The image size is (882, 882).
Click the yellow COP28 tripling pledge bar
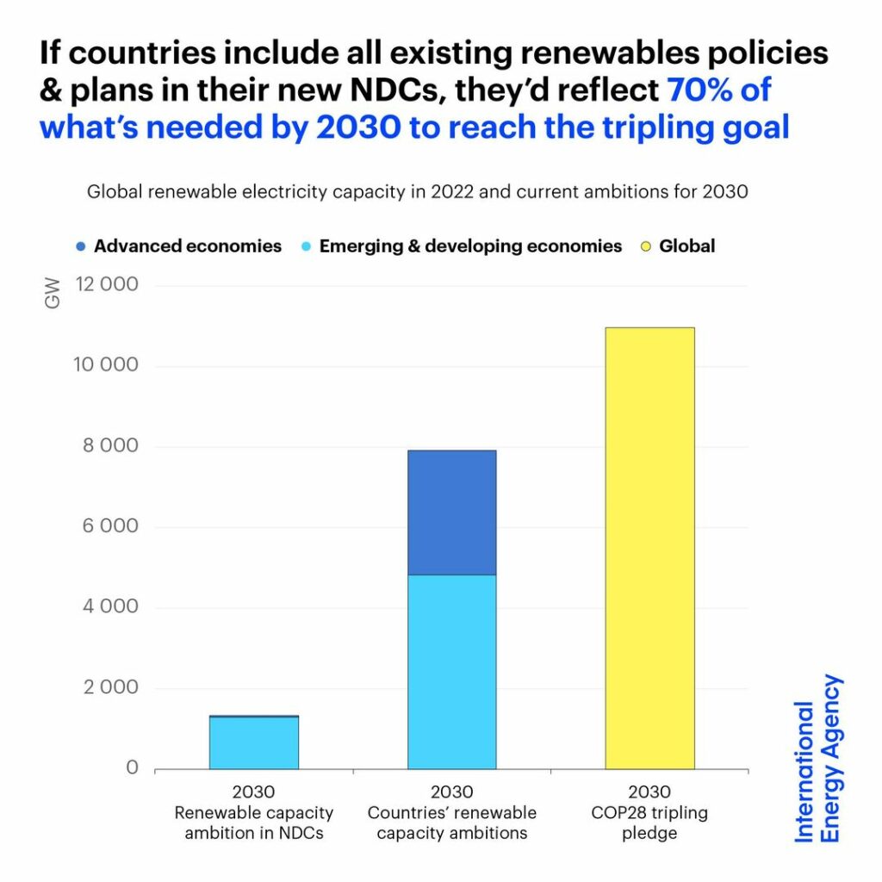(649, 548)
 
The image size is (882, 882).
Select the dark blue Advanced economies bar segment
(451, 512)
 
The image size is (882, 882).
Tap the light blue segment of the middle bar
(451, 671)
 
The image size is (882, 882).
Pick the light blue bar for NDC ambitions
(254, 743)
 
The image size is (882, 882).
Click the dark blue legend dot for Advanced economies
(80, 246)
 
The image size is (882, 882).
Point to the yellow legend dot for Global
(645, 246)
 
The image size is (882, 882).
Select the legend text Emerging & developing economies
(470, 246)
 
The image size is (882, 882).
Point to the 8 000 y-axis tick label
(107, 446)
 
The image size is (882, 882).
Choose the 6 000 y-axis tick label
(107, 526)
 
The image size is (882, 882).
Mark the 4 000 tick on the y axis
(107, 607)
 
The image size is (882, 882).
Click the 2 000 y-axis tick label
(107, 687)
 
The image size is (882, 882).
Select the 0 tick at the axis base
(133, 767)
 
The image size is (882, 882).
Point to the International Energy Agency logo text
(817, 759)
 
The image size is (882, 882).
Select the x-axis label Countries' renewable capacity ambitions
(451, 823)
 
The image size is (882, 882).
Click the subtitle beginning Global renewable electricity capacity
(417, 192)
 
